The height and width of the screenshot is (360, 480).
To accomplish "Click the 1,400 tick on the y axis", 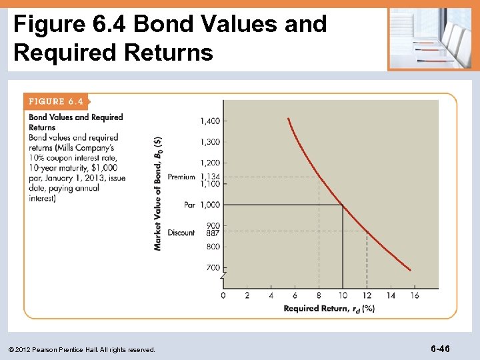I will [x=209, y=121].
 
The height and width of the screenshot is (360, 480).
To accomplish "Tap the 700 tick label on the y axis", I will [x=213, y=268].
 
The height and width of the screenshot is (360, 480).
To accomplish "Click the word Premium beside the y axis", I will [x=181, y=177].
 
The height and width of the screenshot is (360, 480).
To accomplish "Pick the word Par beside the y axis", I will [x=189, y=205].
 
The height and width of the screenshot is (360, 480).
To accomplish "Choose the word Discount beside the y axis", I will [x=181, y=233].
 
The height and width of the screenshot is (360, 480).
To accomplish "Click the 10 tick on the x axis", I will [x=343, y=295].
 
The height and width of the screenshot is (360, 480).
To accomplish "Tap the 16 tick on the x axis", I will [x=415, y=295].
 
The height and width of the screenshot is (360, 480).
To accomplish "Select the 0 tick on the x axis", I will [x=223, y=295].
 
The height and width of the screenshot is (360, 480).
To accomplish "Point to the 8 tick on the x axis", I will [x=319, y=295].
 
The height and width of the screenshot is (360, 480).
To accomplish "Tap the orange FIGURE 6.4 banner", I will [x=56, y=102].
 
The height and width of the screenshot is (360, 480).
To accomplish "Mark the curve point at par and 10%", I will [x=343, y=205].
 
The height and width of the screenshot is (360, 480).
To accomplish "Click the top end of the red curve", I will [x=288, y=119].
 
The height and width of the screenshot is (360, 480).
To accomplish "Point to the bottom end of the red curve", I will [x=410, y=270].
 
